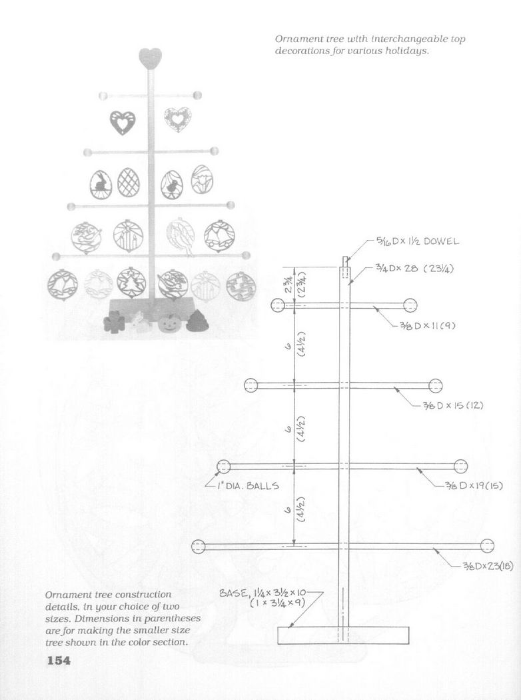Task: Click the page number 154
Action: coord(59,660)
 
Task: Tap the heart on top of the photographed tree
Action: coord(150,58)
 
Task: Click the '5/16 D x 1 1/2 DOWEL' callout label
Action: coord(417,241)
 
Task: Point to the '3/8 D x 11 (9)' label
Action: coord(426,325)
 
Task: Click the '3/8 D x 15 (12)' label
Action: coord(453,405)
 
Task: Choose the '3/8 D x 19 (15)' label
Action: coord(473,485)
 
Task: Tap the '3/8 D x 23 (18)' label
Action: coord(487,566)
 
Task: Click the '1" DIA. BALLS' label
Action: coord(248,485)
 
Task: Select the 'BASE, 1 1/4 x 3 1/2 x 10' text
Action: coord(262,593)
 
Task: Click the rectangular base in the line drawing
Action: coord(343,635)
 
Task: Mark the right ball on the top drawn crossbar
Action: coord(410,305)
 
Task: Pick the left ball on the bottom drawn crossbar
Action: coord(198,546)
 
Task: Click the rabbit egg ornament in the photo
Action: coord(101,185)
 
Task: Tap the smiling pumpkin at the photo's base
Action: coord(169,322)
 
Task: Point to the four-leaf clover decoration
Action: coord(114,321)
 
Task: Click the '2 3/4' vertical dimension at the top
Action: coord(288,284)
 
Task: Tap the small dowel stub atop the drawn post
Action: coord(345,261)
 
